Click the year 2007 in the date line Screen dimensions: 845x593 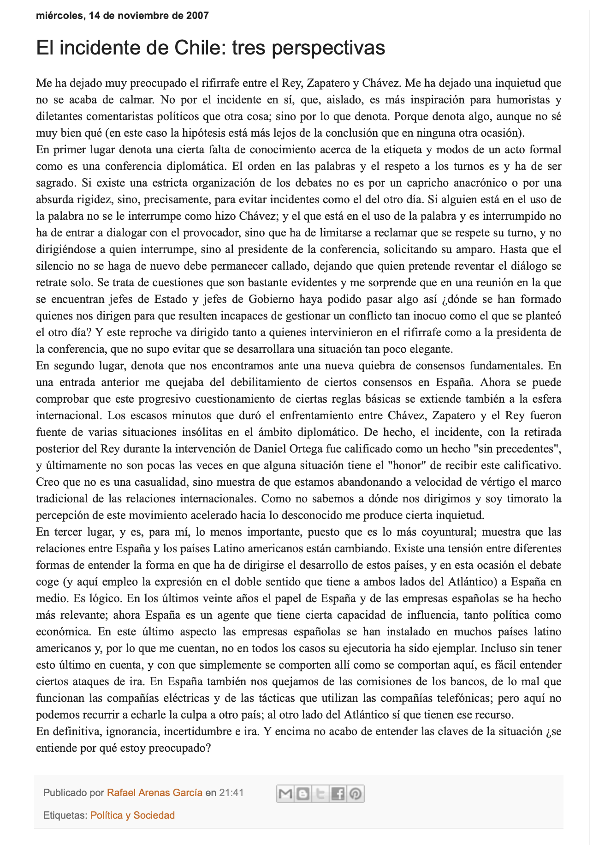[x=197, y=16]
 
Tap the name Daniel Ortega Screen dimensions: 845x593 [x=282, y=449]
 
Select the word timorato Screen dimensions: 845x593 [x=527, y=499]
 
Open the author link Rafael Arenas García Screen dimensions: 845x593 [x=154, y=793]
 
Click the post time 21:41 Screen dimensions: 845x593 [x=231, y=793]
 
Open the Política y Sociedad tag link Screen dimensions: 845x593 [x=132, y=815]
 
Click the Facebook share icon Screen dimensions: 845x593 [x=338, y=794]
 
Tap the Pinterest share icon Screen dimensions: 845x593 [x=356, y=794]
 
